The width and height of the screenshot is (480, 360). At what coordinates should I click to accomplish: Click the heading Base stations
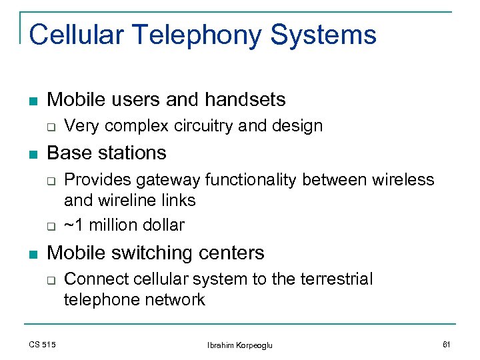[107, 153]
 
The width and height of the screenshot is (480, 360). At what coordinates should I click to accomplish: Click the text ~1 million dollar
[124, 225]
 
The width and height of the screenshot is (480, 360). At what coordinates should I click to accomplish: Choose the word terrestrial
[330, 279]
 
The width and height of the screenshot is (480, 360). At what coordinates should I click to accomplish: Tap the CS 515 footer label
[42, 344]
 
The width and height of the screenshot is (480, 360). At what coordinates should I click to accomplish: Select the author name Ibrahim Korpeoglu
[240, 345]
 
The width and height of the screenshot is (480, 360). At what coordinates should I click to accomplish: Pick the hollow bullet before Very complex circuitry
[50, 127]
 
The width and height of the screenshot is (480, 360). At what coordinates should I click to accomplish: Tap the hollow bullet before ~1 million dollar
[50, 226]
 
